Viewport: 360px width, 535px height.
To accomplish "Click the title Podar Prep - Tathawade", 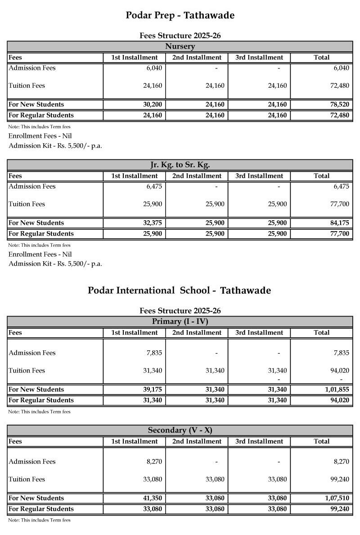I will point(180,15).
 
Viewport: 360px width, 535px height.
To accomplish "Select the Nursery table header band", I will point(180,46).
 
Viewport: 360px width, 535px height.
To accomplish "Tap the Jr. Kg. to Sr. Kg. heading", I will point(180,165).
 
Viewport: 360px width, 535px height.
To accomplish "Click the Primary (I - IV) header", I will point(180,322).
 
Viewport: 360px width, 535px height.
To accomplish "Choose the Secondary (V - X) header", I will point(180,430).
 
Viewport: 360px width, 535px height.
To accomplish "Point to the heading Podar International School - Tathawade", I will point(179,290).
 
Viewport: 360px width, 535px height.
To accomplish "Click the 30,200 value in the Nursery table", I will point(153,104).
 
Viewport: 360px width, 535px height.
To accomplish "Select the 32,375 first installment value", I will point(153,223).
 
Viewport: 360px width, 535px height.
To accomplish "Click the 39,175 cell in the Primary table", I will point(153,390).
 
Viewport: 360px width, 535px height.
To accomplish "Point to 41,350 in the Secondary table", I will point(153,498).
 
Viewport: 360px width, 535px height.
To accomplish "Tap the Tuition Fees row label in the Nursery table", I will point(27,86).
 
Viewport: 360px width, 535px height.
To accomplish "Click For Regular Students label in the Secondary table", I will point(41,509).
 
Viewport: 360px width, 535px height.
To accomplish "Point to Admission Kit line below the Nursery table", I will point(55,145).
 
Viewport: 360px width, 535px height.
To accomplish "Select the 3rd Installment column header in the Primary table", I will point(259,333).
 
